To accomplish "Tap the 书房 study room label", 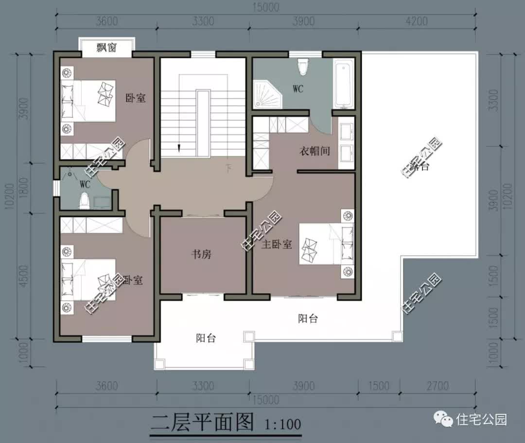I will tap(200, 254).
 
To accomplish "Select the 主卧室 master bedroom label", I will tap(277, 245).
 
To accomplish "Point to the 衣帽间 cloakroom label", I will tap(314, 151).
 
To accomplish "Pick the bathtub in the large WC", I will tap(344, 82).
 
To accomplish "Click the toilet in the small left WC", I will tap(85, 200).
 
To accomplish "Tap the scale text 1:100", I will tap(283, 424).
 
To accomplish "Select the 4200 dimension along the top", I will tap(416, 21).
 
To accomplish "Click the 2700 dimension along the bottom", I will tap(437, 386).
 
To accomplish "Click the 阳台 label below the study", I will tap(206, 338).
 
